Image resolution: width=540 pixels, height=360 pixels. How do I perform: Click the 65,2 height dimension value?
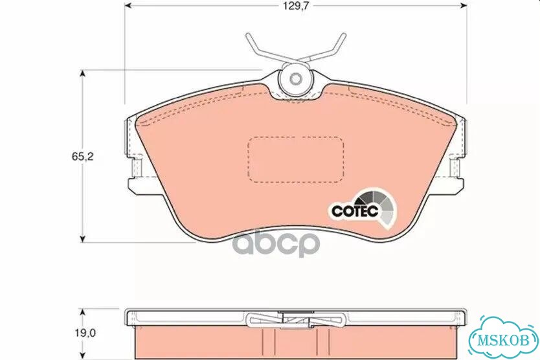83,157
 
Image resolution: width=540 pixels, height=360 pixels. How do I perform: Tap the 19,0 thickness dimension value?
85,333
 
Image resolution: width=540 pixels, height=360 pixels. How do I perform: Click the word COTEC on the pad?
355,210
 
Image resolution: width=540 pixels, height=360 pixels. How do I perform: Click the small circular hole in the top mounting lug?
295,79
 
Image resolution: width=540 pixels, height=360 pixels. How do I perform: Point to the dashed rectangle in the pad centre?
295,159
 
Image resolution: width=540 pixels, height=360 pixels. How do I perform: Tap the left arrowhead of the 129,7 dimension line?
128,6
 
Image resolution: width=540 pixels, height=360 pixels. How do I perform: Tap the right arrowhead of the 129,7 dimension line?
464,6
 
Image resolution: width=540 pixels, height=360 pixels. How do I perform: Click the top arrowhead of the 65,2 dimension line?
82,73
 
